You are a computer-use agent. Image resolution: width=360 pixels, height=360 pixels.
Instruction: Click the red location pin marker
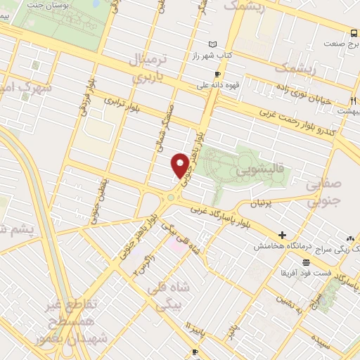[x=181, y=165]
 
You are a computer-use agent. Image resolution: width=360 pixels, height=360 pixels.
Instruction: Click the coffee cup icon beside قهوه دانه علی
[x=218, y=74]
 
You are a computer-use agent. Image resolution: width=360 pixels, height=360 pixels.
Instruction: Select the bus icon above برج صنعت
[x=354, y=32]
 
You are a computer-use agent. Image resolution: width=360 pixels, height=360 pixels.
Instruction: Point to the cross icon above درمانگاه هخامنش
[x=282, y=235]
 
